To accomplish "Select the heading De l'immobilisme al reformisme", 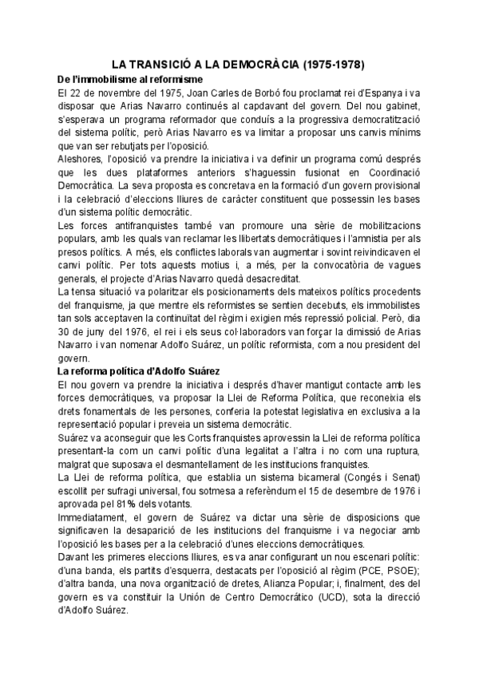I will [131, 80].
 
